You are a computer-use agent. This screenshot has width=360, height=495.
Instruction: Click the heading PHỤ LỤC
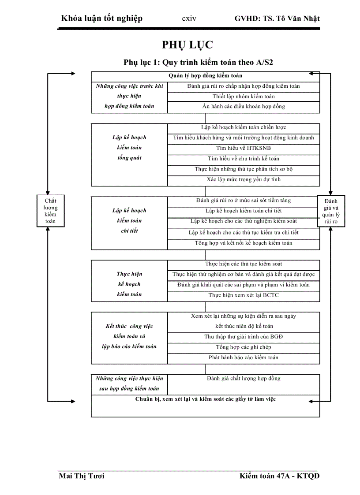[187, 45]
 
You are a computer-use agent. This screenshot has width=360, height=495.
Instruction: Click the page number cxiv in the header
[189, 19]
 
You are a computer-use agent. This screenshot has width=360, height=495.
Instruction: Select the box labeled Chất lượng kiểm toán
[50, 211]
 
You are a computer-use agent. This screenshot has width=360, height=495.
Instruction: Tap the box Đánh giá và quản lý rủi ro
[331, 211]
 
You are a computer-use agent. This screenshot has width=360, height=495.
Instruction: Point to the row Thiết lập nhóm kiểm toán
[244, 97]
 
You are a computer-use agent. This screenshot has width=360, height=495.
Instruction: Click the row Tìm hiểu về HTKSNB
[244, 148]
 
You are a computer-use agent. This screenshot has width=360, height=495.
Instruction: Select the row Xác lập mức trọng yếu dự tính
[244, 180]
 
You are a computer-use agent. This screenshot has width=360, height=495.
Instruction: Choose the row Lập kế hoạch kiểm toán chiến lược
[244, 127]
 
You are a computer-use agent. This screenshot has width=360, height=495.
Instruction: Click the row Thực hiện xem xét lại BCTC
[244, 295]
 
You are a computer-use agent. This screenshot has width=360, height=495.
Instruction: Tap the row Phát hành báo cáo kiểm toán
[244, 357]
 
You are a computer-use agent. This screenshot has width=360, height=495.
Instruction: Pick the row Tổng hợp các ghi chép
[244, 347]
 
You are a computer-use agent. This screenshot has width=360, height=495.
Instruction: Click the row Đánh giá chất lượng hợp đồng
[244, 379]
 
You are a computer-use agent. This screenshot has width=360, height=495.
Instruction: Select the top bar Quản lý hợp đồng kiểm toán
[206, 76]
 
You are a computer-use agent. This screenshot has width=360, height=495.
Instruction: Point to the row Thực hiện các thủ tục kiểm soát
[244, 264]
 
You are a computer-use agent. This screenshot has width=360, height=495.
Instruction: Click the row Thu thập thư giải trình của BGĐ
[244, 337]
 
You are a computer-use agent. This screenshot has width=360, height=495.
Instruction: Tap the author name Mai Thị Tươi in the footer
[82, 476]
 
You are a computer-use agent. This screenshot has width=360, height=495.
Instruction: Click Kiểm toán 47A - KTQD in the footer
[280, 476]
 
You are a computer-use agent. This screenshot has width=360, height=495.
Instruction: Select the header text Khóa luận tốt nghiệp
[102, 19]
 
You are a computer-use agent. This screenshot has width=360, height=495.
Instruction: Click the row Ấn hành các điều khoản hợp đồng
[244, 107]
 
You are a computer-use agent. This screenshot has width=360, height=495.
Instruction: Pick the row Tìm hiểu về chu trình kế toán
[244, 159]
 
